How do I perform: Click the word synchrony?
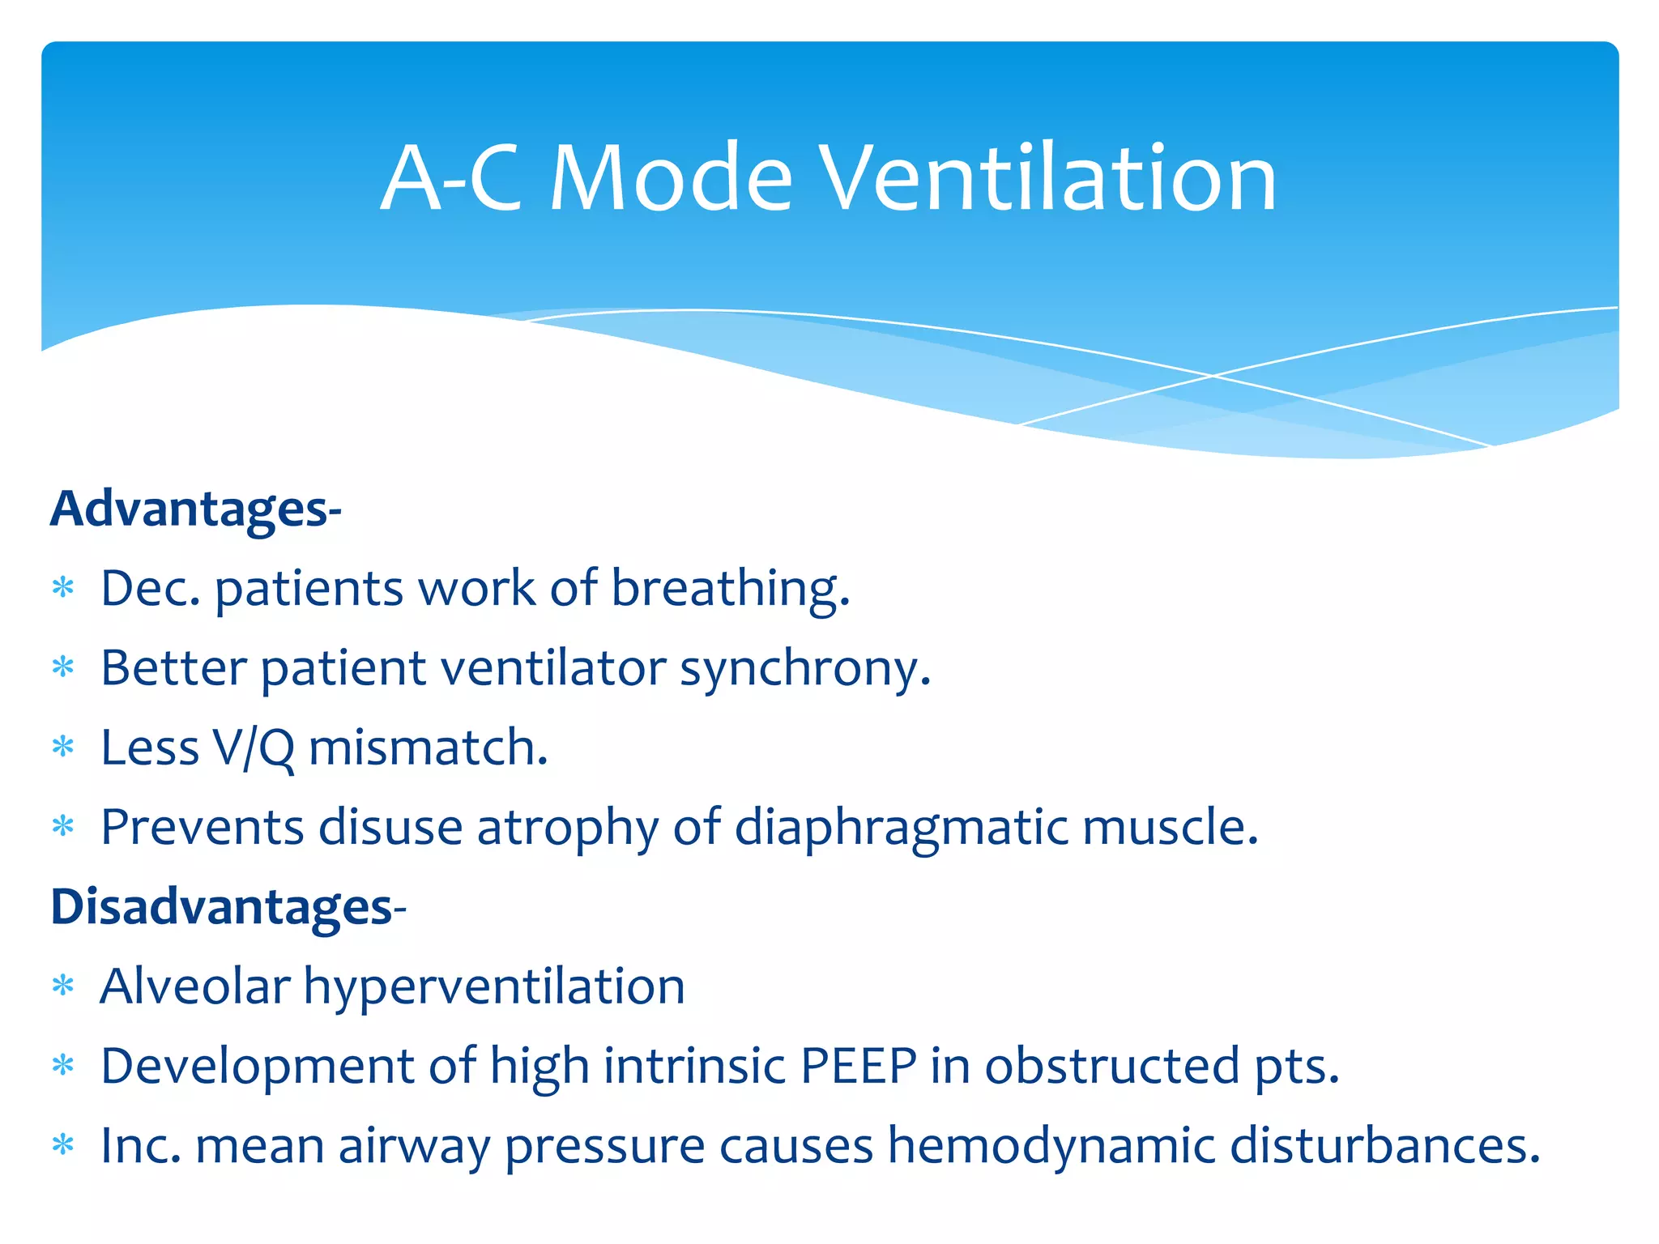pos(804,669)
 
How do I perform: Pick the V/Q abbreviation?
pos(254,748)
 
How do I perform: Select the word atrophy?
pos(567,828)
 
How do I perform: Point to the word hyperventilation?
pos(494,986)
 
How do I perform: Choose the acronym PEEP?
pos(859,1066)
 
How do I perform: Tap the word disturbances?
pos(1384,1146)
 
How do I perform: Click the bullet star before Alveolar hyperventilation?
pos(63,986)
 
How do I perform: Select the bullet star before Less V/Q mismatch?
pos(63,748)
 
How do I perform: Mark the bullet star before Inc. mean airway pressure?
pos(63,1146)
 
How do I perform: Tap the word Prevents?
pos(203,828)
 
